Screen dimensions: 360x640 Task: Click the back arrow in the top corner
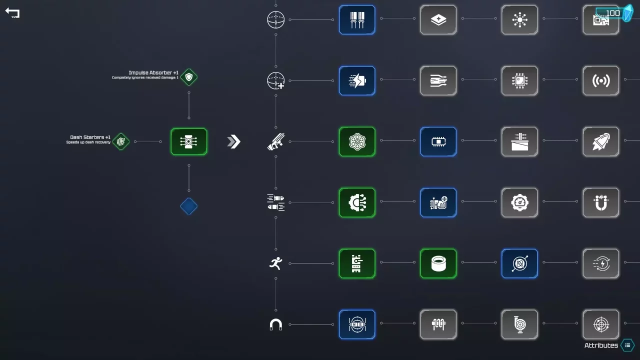coord(12,13)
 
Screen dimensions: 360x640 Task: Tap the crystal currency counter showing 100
coord(614,13)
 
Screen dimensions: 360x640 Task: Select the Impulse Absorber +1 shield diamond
coord(189,77)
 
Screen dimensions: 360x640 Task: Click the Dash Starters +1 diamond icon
coord(121,141)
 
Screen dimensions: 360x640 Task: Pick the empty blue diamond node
coord(189,206)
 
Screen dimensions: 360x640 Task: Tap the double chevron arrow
coord(234,141)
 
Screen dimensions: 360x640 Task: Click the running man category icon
coord(275,263)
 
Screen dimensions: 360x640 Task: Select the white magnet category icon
coord(275,325)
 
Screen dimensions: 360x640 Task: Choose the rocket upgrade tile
coord(600,141)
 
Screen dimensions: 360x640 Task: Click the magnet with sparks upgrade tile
coord(600,202)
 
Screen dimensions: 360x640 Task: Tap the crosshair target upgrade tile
coord(600,324)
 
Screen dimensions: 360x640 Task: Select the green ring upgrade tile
coord(438,263)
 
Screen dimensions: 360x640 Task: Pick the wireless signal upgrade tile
coord(600,80)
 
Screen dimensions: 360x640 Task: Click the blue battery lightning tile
coord(357,80)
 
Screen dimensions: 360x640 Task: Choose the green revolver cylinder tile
coord(357,141)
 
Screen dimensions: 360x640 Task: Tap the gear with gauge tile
coord(519,202)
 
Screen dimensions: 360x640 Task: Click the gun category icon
coord(275,142)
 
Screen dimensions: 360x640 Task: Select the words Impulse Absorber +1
coord(153,73)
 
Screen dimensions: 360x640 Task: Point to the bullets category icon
coord(275,202)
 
